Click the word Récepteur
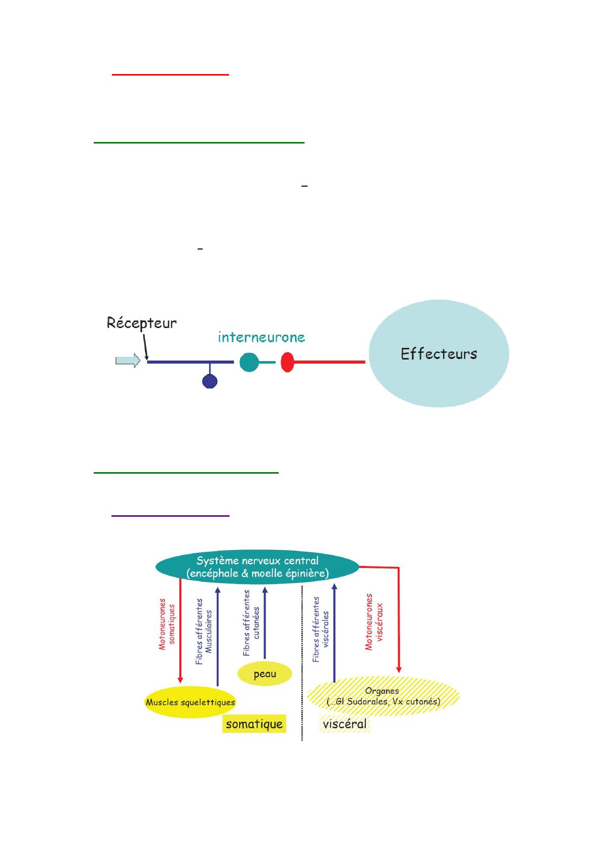(141, 324)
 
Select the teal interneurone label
(261, 337)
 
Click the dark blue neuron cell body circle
(209, 381)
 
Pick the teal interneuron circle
(249, 362)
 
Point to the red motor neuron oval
(287, 362)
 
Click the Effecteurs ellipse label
(439, 353)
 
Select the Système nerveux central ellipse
(257, 567)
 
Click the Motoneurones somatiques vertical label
(167, 624)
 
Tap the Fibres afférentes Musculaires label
(203, 631)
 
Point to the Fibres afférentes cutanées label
(251, 623)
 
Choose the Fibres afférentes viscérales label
(320, 629)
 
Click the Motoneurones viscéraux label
(373, 622)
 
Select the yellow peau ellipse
(265, 673)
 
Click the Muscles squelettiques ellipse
(190, 702)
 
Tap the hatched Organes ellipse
(383, 696)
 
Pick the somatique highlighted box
(254, 724)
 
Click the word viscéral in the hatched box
(345, 724)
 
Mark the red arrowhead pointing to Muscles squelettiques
(180, 681)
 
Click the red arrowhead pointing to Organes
(399, 670)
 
